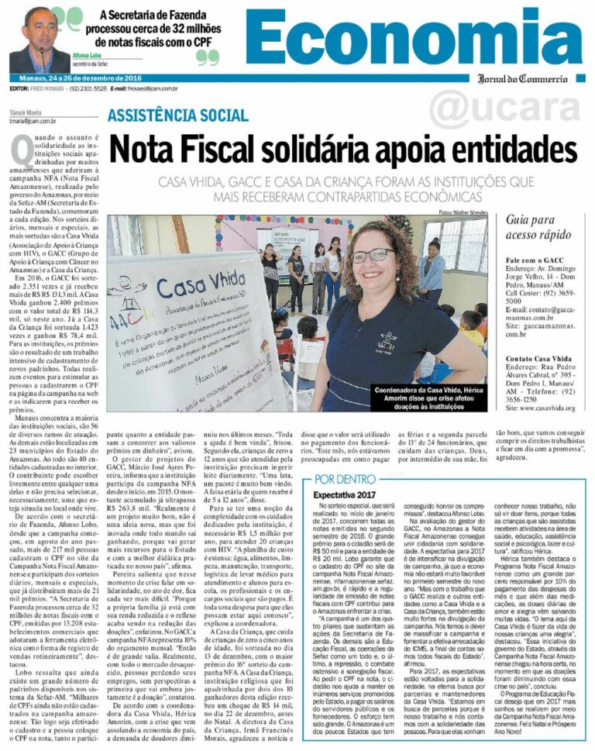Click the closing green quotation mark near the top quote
pyautogui.click(x=207, y=57)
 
